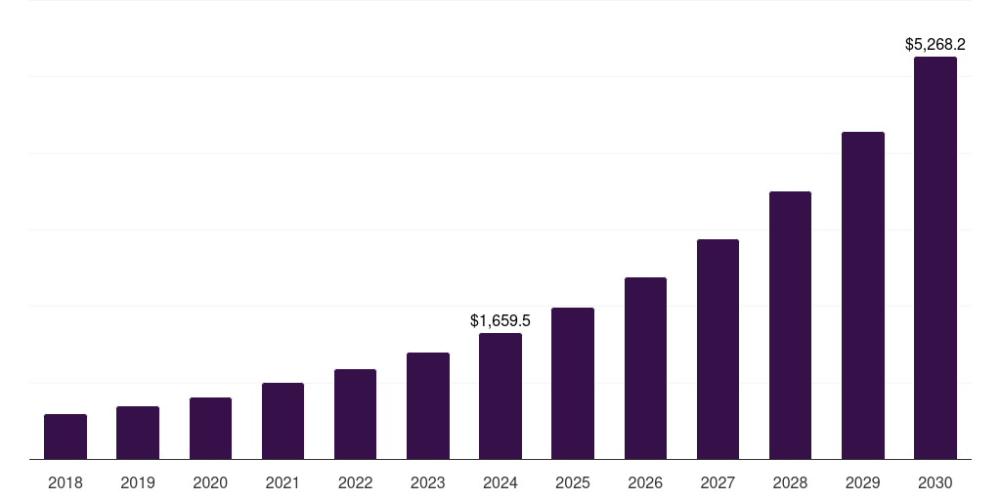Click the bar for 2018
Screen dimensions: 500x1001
[65, 437]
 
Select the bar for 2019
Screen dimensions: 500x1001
[138, 433]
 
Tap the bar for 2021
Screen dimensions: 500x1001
[283, 421]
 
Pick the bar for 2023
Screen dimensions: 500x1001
[428, 405]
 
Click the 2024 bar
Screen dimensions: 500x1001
[500, 396]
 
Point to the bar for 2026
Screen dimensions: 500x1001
[645, 368]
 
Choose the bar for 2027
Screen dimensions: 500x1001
[718, 349]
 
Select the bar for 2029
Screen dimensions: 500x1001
[863, 295]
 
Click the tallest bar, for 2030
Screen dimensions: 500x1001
[936, 258]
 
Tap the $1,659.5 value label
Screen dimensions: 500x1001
[500, 320]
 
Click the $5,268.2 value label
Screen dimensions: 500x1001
[936, 44]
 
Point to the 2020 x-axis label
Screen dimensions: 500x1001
[210, 482]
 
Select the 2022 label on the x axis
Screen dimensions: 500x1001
[355, 482]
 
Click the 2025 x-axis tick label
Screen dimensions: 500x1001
[573, 482]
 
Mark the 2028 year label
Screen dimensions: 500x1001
[790, 482]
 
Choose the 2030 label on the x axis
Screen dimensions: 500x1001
[936, 482]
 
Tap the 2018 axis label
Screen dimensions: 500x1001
[65, 482]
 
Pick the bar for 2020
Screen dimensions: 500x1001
[210, 428]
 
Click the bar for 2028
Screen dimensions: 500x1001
[790, 325]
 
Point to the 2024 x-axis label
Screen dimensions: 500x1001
[500, 482]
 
